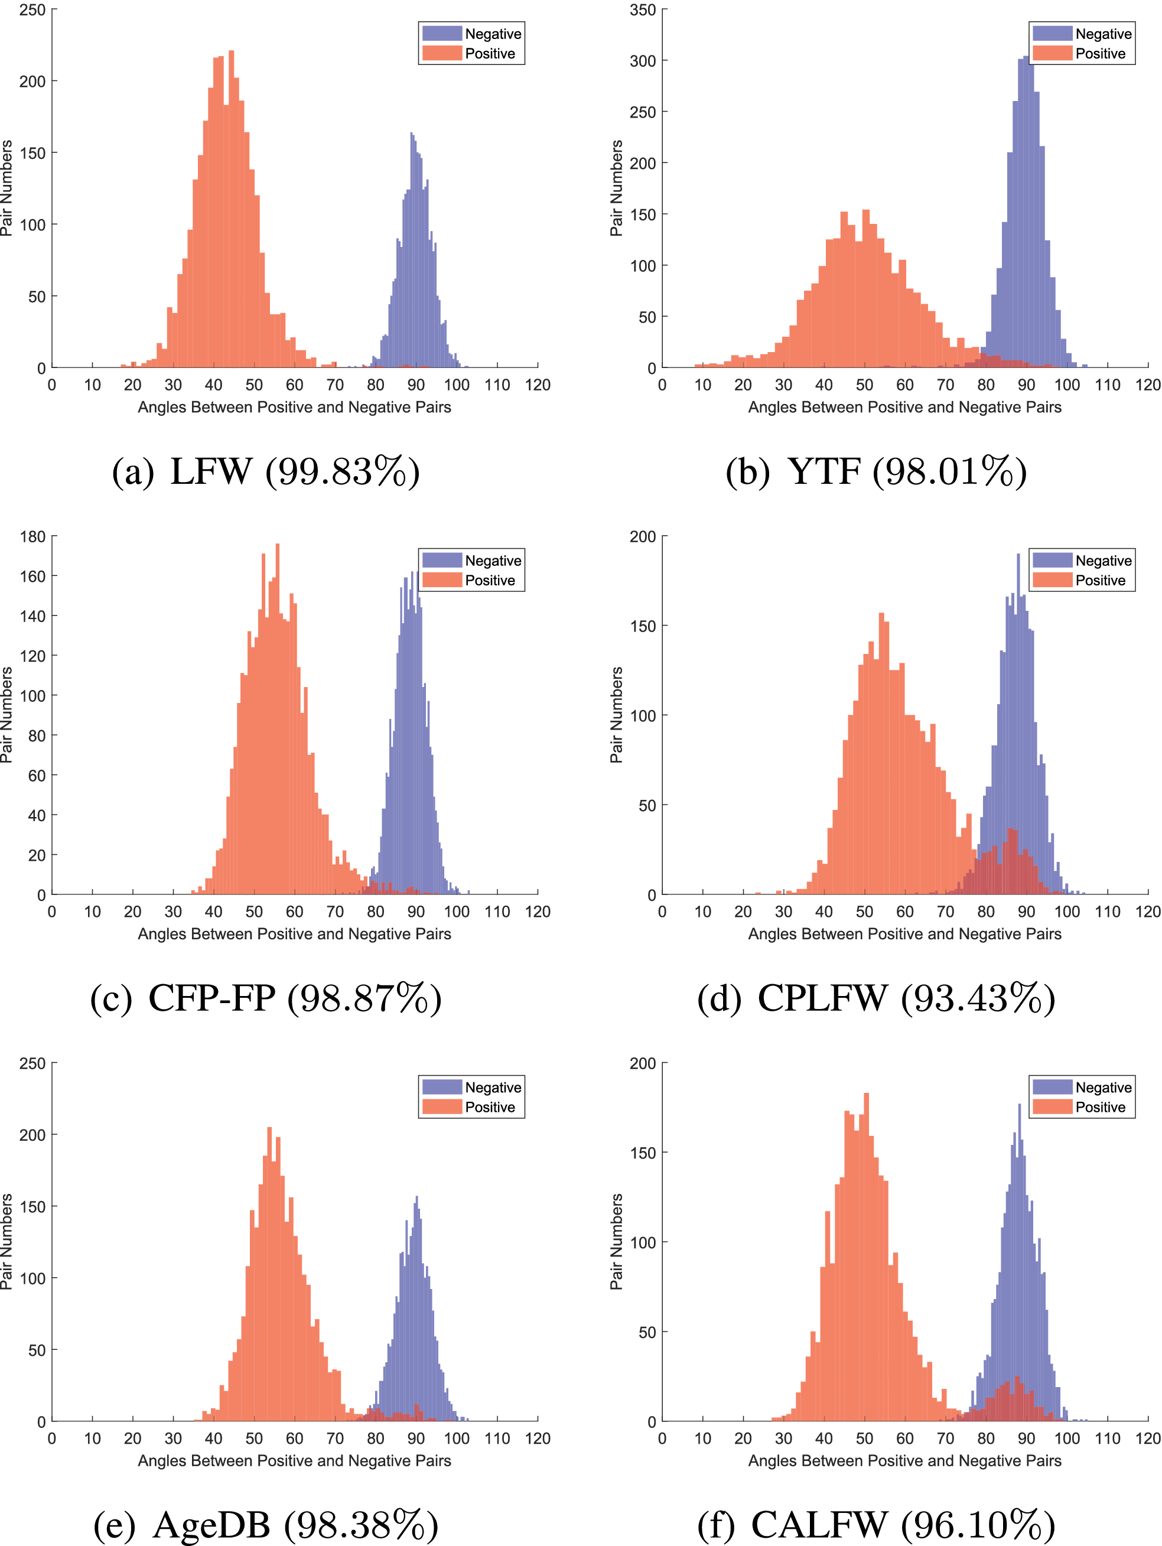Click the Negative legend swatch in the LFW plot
[442, 34]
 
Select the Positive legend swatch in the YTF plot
[1052, 53]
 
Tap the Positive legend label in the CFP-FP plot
[490, 580]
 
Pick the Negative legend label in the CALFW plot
[1104, 1088]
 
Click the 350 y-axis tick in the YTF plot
[642, 10]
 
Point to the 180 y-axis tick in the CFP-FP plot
[32, 537]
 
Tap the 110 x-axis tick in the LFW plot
[497, 385]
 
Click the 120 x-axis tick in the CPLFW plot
[1147, 912]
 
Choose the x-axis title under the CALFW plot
[904, 1461]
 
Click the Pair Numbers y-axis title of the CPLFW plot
[616, 714]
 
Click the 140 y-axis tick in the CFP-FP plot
[32, 616]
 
